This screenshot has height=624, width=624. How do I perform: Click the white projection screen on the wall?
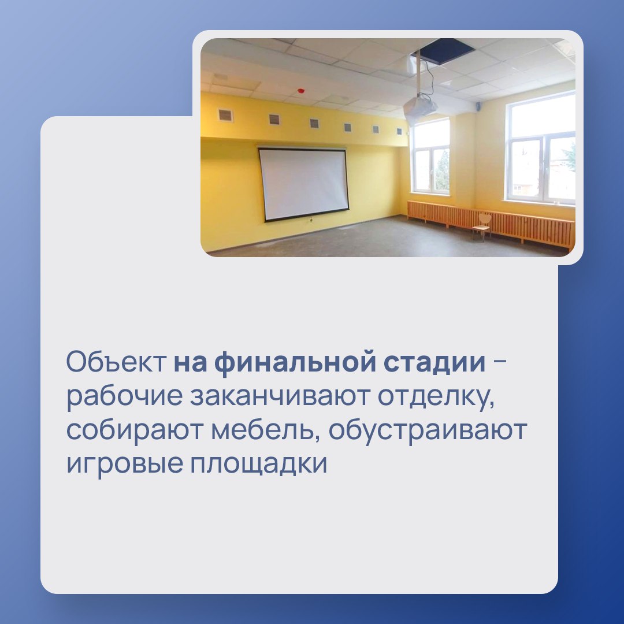303,184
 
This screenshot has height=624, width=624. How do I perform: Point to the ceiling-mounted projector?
420,107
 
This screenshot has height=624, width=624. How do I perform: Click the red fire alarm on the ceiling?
300,91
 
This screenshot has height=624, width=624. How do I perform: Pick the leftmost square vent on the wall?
226,115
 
